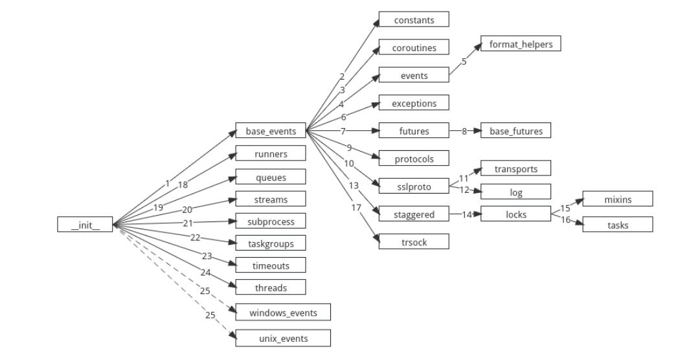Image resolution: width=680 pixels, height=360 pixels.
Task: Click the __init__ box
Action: click(85, 225)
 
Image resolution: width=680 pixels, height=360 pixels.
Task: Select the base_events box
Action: click(271, 131)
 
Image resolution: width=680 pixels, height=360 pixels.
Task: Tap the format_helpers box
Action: click(520, 44)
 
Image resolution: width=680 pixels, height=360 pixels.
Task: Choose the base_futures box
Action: click(516, 131)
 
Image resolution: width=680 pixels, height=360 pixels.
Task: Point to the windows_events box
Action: click(283, 313)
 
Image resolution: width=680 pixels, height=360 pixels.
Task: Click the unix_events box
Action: click(283, 338)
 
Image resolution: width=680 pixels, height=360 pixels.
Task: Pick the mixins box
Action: click(617, 199)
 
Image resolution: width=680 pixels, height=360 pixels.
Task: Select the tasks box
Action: click(617, 225)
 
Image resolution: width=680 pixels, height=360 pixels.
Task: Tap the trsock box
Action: click(414, 242)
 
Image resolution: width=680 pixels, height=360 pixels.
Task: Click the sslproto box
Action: click(414, 186)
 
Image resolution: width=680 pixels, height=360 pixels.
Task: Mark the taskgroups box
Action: click(271, 243)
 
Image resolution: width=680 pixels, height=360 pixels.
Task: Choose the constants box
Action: click(414, 20)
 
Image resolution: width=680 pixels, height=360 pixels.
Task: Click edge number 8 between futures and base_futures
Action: click(464, 131)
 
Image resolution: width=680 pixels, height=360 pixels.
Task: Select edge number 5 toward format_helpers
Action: click(464, 62)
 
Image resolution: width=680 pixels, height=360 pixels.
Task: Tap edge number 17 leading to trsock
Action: click(354, 208)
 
